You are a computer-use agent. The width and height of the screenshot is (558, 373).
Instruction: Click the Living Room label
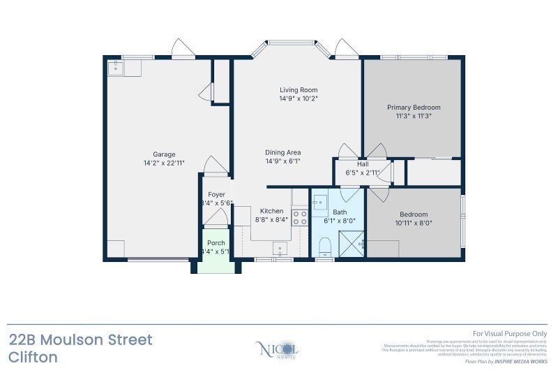tap(299, 89)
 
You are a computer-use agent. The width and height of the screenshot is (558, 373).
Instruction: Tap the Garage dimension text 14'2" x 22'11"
tap(164, 163)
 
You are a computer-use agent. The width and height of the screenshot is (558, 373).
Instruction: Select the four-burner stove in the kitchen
tap(299, 217)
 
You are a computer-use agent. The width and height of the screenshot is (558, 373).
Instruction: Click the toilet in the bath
tap(324, 247)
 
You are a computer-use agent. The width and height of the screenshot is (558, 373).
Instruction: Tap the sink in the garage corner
tap(115, 68)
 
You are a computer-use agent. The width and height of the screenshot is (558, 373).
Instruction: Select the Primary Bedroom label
tap(414, 107)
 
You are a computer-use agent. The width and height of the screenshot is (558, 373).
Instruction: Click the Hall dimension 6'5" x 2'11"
tap(363, 173)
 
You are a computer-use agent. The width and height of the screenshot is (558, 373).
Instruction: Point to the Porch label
tap(216, 243)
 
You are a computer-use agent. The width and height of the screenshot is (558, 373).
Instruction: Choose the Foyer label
tap(216, 195)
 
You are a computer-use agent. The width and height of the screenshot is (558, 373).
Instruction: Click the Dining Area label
tap(282, 152)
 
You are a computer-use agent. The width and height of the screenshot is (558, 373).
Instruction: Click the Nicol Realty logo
tap(278, 349)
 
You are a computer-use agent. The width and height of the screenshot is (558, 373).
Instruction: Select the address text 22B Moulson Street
tap(80, 340)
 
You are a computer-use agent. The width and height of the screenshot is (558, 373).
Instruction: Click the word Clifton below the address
tap(33, 358)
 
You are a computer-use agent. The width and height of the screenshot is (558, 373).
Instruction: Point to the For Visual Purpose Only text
tap(510, 335)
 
